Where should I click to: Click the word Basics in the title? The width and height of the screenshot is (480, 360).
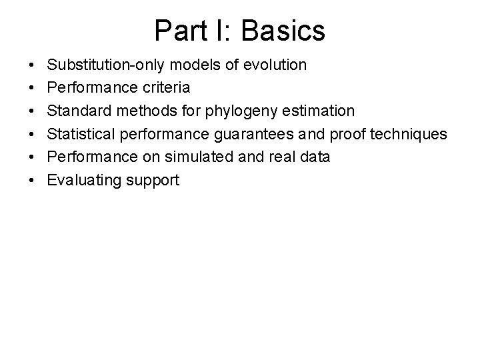tap(285, 30)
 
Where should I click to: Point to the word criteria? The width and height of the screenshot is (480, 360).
tap(166, 88)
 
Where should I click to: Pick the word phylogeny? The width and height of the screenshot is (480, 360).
tap(253, 111)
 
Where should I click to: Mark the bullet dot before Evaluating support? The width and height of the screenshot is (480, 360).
tap(33, 180)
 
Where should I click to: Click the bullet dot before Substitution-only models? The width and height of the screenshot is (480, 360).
tap(33, 65)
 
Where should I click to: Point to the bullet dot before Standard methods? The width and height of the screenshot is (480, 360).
tap(33, 111)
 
